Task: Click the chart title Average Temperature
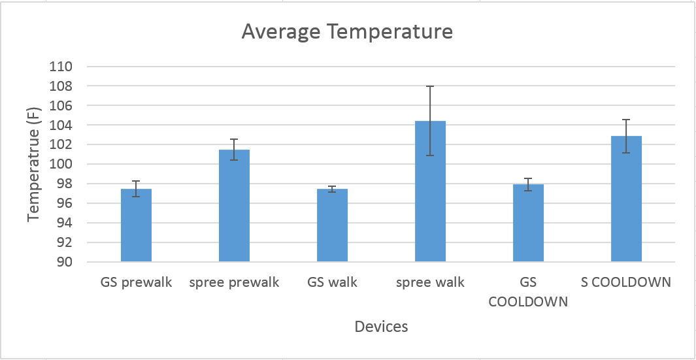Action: (x=347, y=33)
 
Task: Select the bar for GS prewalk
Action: (x=137, y=225)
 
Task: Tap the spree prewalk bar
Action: (x=235, y=206)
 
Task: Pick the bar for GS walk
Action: (x=333, y=225)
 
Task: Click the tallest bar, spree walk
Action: (x=431, y=191)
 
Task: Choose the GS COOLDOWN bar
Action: (x=529, y=223)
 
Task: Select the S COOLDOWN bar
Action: (x=627, y=199)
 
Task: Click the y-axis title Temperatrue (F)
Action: (x=34, y=164)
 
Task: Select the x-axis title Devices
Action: (x=381, y=327)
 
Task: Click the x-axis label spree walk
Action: (x=431, y=283)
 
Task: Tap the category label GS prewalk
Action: (x=137, y=283)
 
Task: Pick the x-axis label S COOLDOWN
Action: (x=626, y=282)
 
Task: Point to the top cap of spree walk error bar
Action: (x=431, y=86)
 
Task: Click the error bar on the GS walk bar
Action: (x=333, y=189)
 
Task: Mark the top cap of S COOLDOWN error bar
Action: (x=627, y=120)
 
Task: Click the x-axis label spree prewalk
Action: (x=235, y=283)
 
